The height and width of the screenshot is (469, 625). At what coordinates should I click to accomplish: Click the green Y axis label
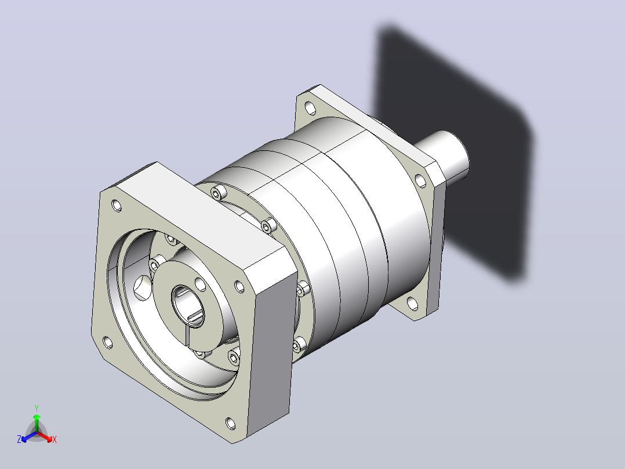click(x=37, y=408)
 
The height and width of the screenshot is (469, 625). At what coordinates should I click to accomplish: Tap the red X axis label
click(x=54, y=439)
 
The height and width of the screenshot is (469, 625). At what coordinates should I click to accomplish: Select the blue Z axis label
click(x=19, y=439)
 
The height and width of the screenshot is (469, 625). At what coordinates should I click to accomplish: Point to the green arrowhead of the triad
click(x=37, y=417)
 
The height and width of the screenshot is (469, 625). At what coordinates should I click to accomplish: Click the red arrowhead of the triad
click(x=49, y=439)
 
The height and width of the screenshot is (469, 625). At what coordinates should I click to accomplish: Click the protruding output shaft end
click(x=448, y=156)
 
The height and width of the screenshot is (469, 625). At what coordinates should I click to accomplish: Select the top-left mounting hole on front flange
click(x=117, y=205)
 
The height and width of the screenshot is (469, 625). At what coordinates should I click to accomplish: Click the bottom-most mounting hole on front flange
click(x=230, y=423)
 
